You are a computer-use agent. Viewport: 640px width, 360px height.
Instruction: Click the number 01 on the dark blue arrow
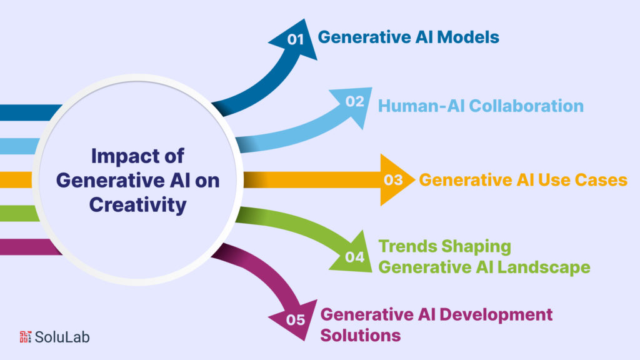tap(295, 39)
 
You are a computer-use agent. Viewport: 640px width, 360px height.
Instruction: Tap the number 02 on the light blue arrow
tap(354, 101)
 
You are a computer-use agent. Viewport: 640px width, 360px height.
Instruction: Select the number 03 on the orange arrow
tap(393, 181)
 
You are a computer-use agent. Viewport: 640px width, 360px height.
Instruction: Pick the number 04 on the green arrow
tap(354, 256)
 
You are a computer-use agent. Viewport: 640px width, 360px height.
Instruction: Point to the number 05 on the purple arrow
tap(295, 320)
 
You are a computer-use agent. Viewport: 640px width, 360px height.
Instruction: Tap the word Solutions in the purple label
tap(361, 335)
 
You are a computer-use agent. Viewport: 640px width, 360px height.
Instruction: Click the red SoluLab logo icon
tap(26, 337)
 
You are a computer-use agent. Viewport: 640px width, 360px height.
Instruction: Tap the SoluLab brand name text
tap(62, 337)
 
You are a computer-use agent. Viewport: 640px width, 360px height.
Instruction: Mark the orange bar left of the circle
tap(16, 180)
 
